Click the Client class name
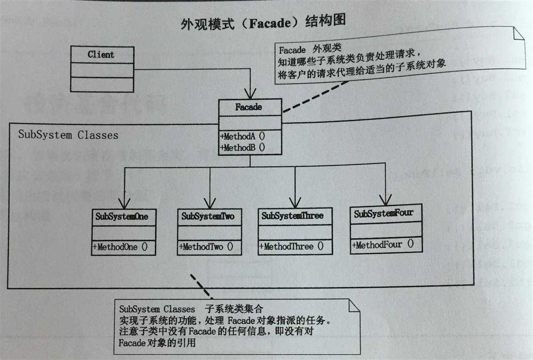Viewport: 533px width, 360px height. tap(101, 55)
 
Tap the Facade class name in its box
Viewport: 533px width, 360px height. tap(249, 107)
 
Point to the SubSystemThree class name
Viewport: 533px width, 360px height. tap(292, 216)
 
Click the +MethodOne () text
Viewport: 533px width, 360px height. tap(120, 247)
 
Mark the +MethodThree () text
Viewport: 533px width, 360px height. tap(292, 246)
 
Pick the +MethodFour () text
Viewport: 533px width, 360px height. tap(383, 244)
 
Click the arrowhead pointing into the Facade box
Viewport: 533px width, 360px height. tap(250, 94)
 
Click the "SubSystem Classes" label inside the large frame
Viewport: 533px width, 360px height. tap(68, 135)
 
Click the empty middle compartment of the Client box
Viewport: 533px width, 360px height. tap(102, 70)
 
